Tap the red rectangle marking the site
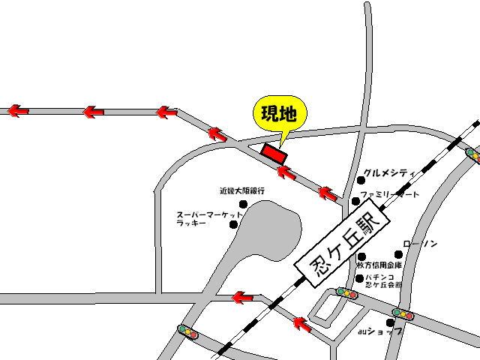click(x=274, y=153)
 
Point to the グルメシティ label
click(x=390, y=172)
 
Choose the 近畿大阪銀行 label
click(x=241, y=191)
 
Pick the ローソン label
click(x=420, y=244)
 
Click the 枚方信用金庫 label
click(x=379, y=265)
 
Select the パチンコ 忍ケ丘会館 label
click(x=382, y=281)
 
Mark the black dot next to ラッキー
click(x=233, y=223)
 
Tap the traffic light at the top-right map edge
click(x=472, y=152)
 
